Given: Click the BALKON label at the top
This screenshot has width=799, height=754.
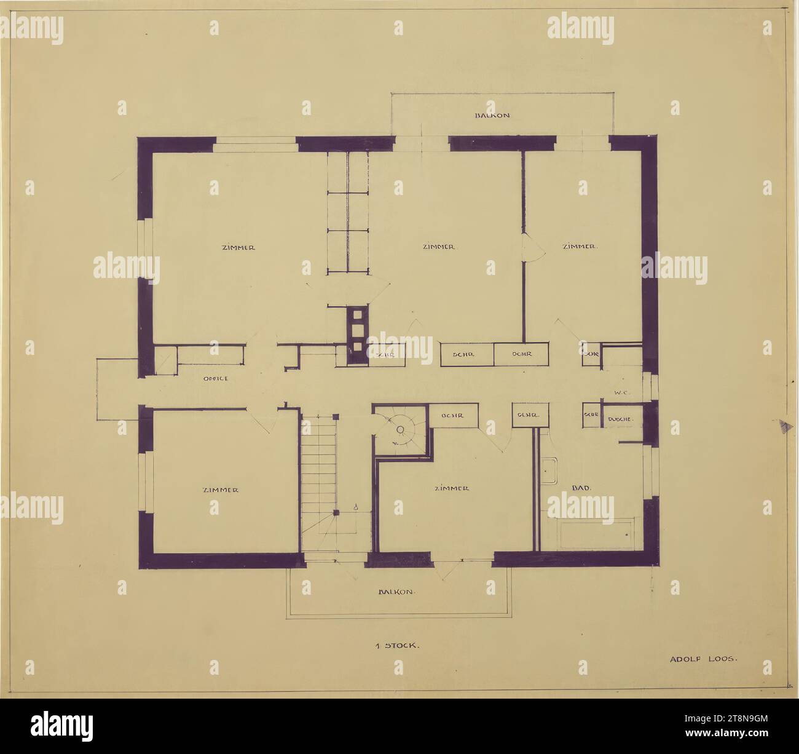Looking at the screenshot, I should click(x=492, y=115).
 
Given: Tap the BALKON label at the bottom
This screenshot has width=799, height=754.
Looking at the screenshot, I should click(x=398, y=592).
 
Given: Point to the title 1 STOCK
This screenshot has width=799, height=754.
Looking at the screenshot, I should click(x=397, y=646).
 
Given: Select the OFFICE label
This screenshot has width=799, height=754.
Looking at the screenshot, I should click(x=216, y=378).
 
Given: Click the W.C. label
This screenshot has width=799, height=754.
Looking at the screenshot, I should click(x=620, y=392).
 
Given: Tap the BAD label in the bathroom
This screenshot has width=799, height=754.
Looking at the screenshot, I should click(x=581, y=488).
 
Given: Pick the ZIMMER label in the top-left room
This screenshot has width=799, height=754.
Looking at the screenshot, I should click(x=238, y=247).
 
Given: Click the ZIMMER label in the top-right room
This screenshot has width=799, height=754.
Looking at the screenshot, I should click(x=580, y=247).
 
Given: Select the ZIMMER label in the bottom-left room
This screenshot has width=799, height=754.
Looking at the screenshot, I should click(x=220, y=490).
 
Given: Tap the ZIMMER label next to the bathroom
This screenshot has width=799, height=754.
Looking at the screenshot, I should click(x=452, y=488).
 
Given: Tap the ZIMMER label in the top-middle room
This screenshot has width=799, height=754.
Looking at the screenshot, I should click(x=439, y=247).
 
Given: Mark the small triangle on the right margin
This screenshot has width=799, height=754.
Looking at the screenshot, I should click(x=782, y=426).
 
